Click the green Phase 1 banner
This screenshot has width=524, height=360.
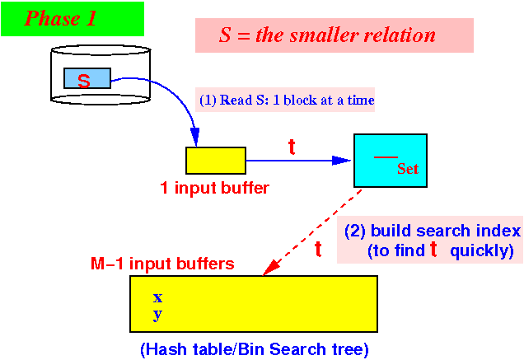(x=73, y=19)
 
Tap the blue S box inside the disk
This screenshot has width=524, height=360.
(x=87, y=78)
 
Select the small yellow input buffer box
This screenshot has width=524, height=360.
(x=216, y=161)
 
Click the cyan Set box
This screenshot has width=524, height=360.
(x=391, y=161)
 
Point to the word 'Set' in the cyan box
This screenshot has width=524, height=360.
(x=408, y=169)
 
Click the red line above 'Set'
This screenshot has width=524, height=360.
(x=386, y=157)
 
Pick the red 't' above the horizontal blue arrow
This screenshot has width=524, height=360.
(x=292, y=147)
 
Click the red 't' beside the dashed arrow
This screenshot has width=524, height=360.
(x=318, y=249)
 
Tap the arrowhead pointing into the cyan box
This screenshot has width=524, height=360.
(x=341, y=161)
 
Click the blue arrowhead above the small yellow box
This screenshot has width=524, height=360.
(x=195, y=137)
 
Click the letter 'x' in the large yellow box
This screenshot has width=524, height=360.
(x=157, y=297)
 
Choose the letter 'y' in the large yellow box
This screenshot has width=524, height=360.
(x=157, y=315)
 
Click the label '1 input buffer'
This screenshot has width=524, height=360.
(x=214, y=188)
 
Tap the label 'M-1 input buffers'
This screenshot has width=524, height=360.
(x=162, y=264)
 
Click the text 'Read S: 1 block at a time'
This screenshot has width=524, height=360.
(x=297, y=100)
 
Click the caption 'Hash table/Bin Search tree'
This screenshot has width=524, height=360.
(x=255, y=349)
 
